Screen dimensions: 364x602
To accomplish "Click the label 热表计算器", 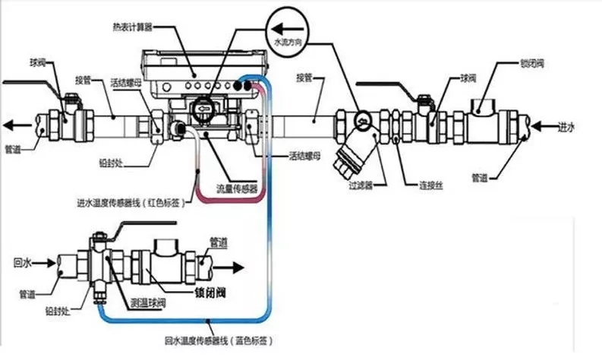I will click(x=128, y=27).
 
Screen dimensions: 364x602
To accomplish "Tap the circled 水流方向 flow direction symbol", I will click(x=282, y=29).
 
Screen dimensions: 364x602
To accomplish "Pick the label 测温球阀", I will click(x=148, y=303).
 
